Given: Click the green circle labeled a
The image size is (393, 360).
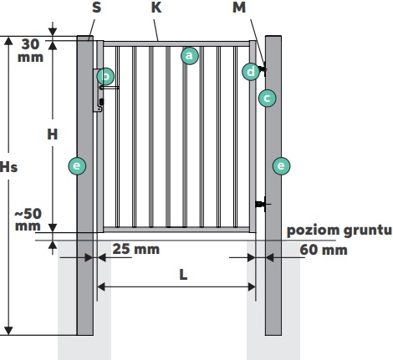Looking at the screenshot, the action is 190,56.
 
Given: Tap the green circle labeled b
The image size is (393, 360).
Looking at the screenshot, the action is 105,76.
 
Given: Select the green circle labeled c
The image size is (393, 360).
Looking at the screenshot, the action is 267,98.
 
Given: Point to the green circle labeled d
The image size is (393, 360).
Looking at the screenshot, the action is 251,72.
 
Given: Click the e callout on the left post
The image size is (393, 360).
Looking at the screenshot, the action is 77,166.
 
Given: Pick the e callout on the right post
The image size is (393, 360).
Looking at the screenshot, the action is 281,166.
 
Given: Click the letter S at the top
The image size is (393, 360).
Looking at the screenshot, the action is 96,8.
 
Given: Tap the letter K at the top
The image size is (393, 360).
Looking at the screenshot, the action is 156,8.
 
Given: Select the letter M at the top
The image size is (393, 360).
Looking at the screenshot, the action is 239,8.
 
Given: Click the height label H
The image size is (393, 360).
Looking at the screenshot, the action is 53,134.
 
